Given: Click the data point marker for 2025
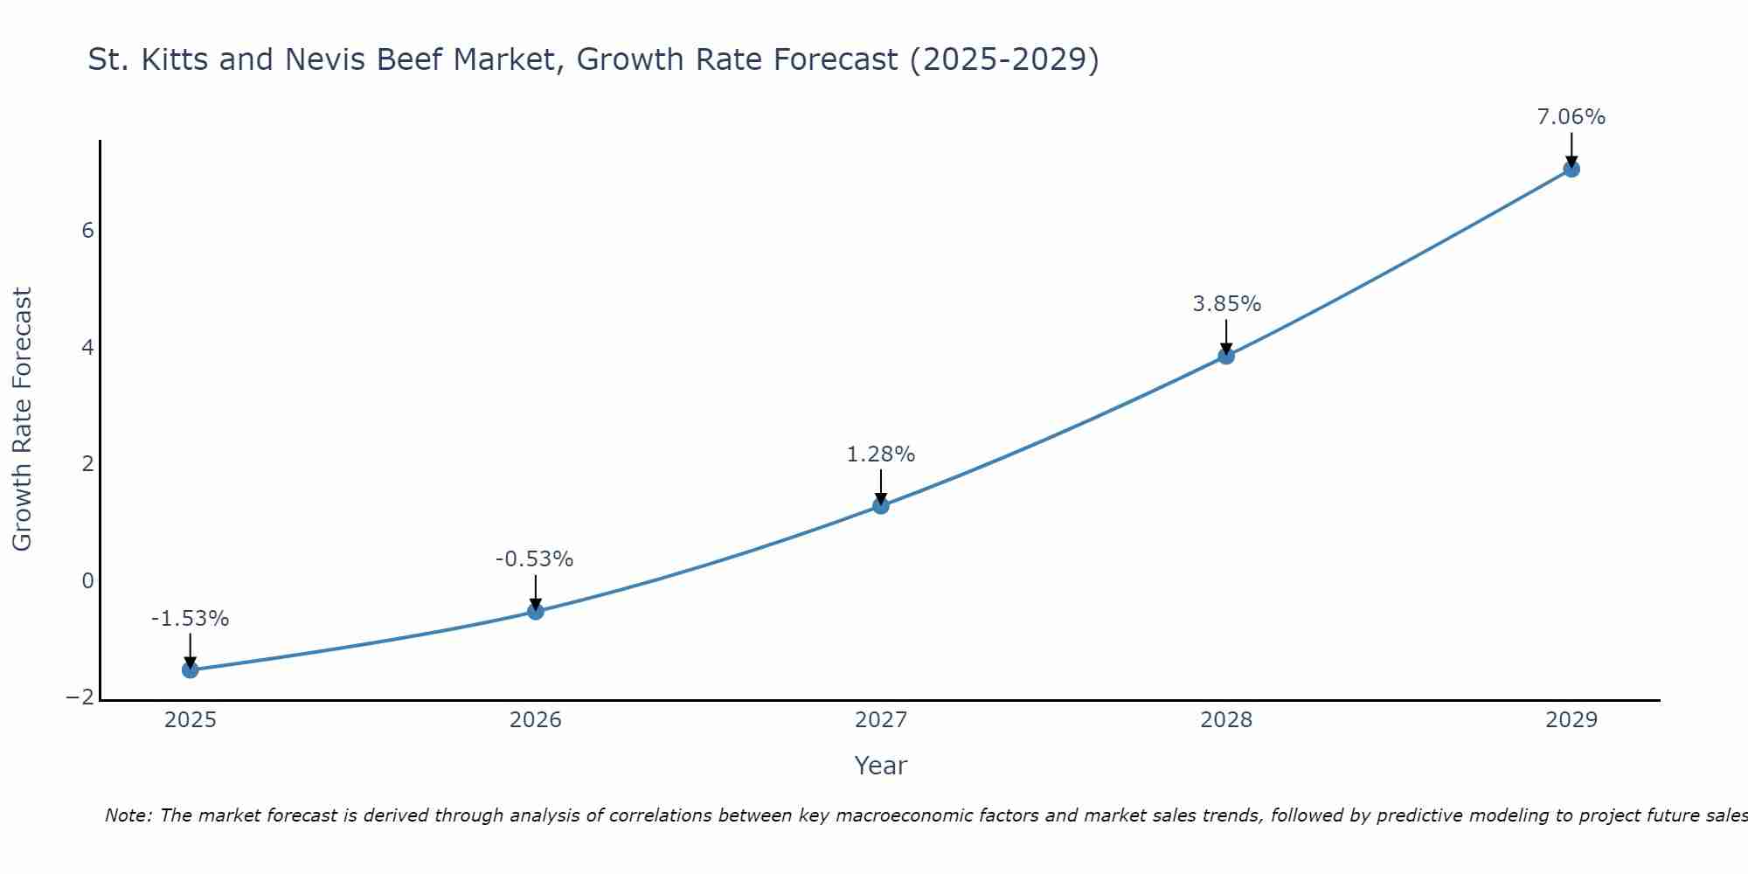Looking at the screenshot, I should (191, 669).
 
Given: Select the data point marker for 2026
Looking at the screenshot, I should (536, 611).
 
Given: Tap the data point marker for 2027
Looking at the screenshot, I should (881, 505).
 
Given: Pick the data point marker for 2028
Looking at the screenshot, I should (1226, 356).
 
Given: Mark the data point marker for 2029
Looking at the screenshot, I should (1571, 169).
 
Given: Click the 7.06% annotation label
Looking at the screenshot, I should (1571, 117).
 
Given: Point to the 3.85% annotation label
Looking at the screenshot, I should (1226, 304).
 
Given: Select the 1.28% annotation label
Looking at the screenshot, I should (881, 454).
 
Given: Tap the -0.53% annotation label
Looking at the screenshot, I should (535, 559).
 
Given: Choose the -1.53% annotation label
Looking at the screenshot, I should (191, 619).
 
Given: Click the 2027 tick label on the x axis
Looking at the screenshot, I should (881, 720).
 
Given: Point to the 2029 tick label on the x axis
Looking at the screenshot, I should (1571, 720).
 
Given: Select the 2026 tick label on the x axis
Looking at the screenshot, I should (536, 720).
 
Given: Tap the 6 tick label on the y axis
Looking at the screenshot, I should (87, 231).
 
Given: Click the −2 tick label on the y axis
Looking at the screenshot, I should (80, 697).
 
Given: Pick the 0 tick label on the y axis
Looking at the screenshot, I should (87, 581).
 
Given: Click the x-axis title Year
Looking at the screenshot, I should (881, 766).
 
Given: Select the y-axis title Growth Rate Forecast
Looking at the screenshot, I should (22, 420).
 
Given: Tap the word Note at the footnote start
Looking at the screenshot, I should (128, 815).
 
